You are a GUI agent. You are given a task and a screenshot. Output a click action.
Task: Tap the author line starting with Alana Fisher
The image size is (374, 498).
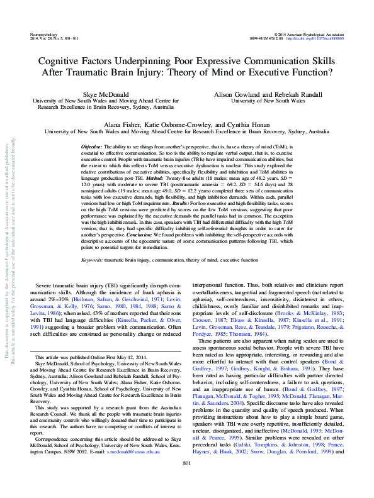click(x=187, y=125)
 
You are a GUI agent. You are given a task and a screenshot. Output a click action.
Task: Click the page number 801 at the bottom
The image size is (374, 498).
click(x=186, y=481)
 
